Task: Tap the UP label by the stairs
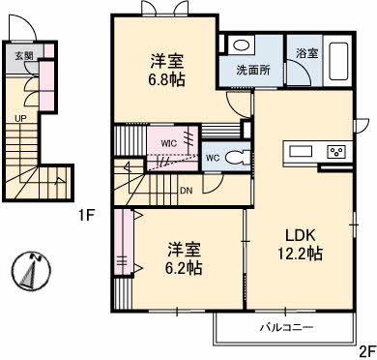coord(20,119)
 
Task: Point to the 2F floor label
coord(365,350)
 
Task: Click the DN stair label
coord(186,190)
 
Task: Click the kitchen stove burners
coord(336,152)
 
